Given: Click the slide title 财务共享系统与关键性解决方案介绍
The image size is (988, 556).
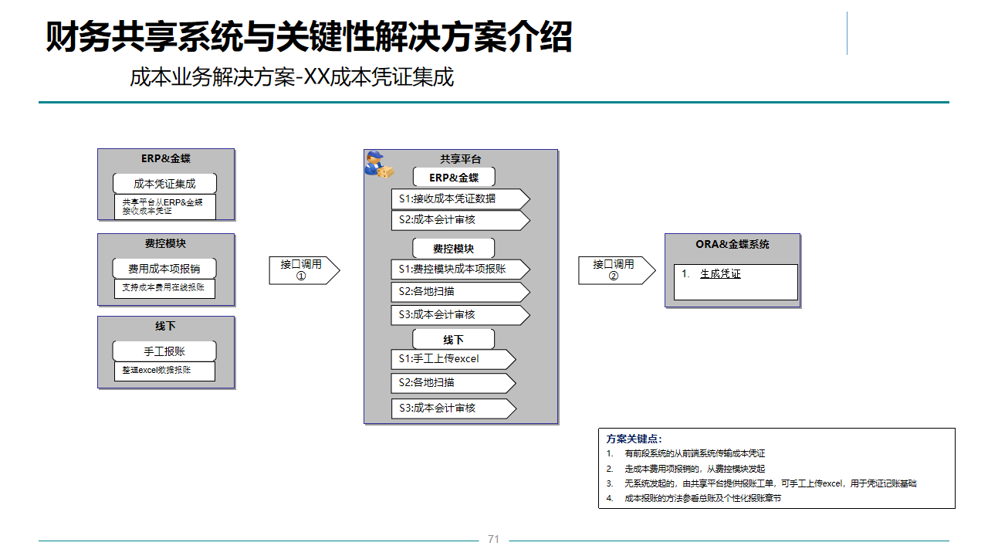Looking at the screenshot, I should tap(309, 37).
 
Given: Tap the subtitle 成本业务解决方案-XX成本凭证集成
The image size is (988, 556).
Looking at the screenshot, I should tap(292, 78).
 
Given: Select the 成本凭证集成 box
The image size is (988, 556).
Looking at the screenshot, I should tap(164, 184).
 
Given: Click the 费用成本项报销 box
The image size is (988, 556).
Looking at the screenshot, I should tap(164, 269).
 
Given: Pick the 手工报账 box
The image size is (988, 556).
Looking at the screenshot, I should tap(164, 351).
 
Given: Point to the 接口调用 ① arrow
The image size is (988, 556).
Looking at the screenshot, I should tap(303, 270).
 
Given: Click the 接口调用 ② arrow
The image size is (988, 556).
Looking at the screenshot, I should tap(615, 270).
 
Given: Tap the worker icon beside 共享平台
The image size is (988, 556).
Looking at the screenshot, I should tap(378, 164).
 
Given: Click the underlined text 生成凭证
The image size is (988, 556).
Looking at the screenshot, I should tap(720, 274).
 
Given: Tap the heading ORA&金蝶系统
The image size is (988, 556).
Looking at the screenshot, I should tap(733, 245).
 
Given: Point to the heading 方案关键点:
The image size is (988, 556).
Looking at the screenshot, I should tap(634, 439).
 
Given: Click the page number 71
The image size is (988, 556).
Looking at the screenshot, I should tap(494, 539).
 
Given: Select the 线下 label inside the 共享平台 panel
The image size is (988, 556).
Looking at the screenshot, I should tap(453, 340).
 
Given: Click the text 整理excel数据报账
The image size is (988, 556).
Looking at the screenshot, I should tap(157, 371).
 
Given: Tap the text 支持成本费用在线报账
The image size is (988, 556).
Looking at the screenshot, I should tap(164, 288).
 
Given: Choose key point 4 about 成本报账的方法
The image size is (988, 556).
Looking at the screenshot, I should tap(702, 498).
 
